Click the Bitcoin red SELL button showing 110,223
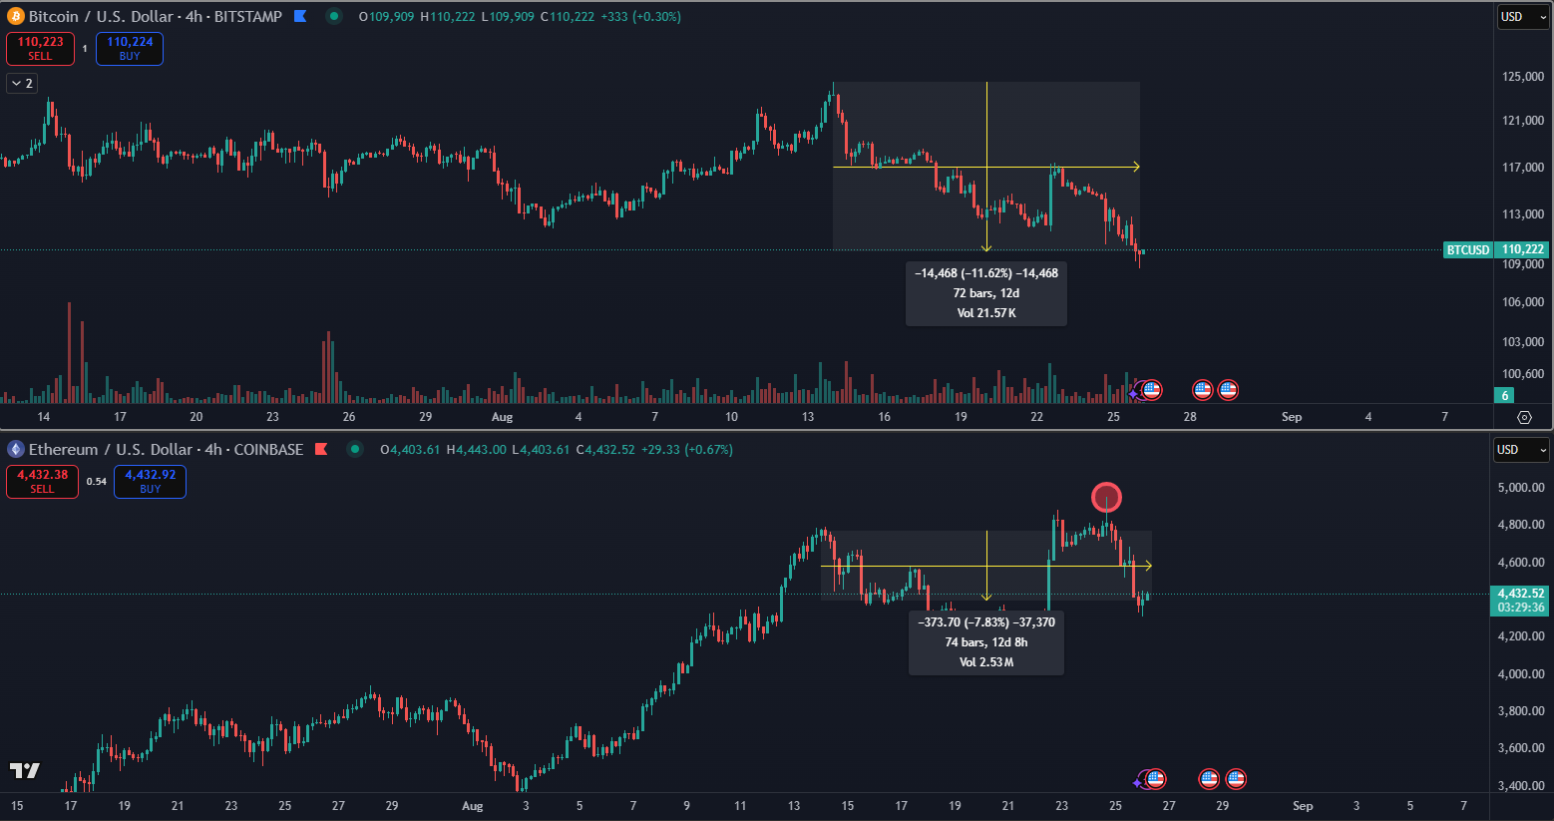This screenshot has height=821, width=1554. [x=40, y=48]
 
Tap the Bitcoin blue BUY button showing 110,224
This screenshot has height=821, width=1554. [x=130, y=48]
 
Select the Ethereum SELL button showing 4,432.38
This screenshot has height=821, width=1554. [x=42, y=481]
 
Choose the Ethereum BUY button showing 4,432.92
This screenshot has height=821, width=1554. [x=150, y=481]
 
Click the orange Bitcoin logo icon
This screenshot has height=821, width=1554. [x=15, y=16]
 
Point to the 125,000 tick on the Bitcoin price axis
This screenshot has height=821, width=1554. [x=1523, y=77]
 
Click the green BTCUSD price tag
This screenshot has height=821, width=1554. [x=1468, y=249]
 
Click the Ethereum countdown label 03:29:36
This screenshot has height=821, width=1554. [x=1520, y=607]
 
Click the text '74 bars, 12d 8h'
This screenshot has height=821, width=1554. [x=985, y=642]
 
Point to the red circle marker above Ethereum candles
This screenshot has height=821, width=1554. [x=1106, y=497]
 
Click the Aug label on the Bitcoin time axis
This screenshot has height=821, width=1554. [x=502, y=417]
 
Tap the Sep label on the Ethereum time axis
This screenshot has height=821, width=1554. [x=1303, y=805]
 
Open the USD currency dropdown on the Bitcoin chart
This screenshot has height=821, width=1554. [x=1522, y=17]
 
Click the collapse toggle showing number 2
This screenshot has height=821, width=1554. [x=22, y=84]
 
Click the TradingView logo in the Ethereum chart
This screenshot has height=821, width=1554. [x=25, y=770]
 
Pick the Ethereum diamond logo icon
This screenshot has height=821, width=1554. [x=15, y=449]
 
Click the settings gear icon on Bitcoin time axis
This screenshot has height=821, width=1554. [x=1524, y=417]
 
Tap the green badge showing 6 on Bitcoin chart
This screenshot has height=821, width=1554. [x=1505, y=396]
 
